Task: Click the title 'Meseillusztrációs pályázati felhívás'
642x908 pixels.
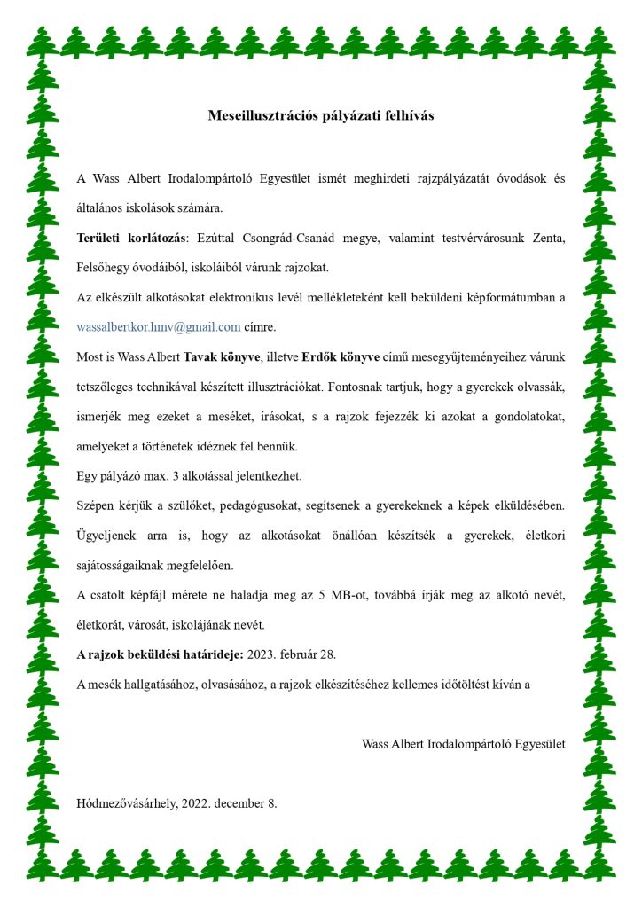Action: click(x=321, y=116)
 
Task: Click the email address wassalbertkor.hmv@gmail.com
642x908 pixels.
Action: click(x=159, y=327)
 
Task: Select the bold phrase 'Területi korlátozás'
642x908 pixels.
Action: click(x=132, y=239)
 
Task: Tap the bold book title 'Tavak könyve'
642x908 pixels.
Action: click(x=222, y=357)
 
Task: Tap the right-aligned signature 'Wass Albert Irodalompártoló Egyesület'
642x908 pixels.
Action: click(x=463, y=743)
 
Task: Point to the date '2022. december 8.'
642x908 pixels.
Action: click(x=229, y=803)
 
